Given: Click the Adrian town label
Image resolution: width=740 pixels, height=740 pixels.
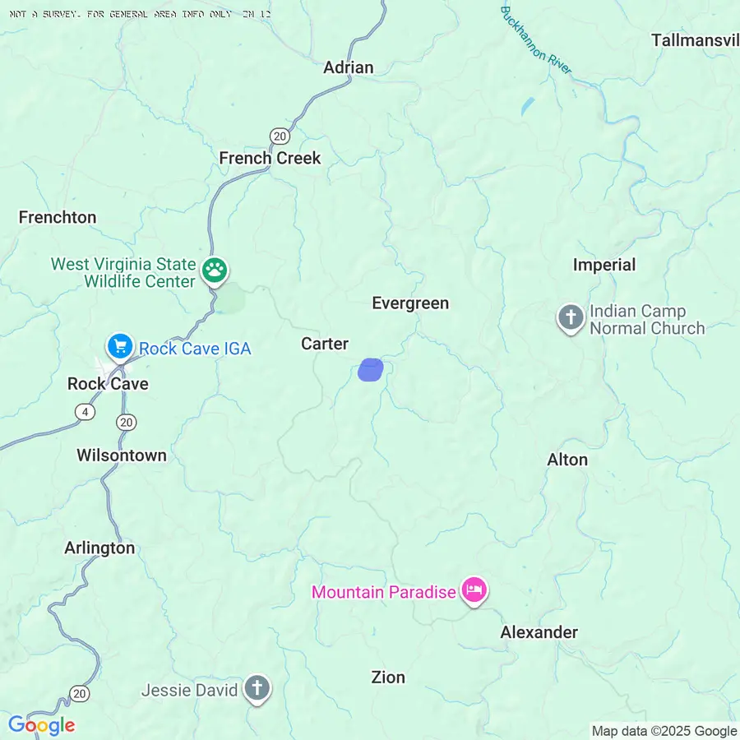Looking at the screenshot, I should coord(348,67).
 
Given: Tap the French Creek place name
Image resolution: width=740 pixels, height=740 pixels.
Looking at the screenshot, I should coord(270,158).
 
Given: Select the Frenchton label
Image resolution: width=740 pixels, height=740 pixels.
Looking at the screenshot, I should coord(58,217).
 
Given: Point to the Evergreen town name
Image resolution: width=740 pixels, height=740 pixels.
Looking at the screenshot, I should coord(410,303).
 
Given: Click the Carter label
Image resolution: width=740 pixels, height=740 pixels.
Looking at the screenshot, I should coord(325,344).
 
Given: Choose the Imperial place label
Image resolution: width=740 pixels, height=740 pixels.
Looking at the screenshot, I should coord(604,265).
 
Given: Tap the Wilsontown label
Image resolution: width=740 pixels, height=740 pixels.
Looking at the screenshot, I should coord(122,456).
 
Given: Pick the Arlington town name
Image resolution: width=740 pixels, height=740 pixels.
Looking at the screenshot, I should coord(99,548).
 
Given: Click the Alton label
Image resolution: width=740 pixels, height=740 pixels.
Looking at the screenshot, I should coord(567,460).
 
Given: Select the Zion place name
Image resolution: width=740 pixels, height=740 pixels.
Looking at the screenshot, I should coord(388,678).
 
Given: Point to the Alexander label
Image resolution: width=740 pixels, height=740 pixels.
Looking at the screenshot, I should coord(539,632).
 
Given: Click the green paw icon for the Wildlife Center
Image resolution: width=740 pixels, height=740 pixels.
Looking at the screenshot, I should coord(215,271).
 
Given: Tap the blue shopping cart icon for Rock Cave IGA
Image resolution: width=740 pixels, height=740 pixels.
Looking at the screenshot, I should coord(120,346).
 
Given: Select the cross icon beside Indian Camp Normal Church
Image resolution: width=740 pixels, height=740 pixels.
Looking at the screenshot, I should coord(570,317).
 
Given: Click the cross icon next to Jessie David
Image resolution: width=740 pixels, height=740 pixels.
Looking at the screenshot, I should coord(257,689).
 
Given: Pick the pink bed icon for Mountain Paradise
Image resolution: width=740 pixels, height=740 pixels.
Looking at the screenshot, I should coord(474,590).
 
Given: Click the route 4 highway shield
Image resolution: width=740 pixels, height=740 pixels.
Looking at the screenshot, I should coord(84,412).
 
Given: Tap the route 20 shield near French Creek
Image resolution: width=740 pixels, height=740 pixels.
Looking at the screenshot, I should coord(280,136).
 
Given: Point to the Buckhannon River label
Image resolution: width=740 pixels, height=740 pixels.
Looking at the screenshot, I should coord(535,39).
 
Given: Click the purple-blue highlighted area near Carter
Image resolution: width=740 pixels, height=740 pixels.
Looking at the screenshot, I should coord(371,369).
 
